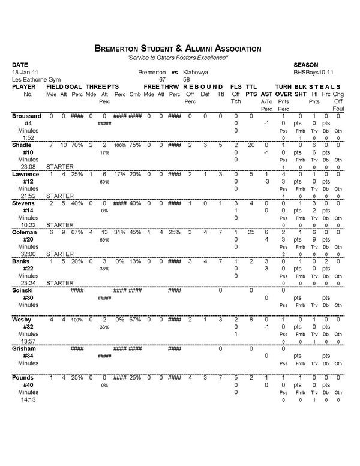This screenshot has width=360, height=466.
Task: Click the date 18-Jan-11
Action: (24, 71)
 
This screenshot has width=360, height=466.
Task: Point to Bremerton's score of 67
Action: (161, 79)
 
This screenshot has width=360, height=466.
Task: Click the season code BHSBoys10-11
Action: (314, 71)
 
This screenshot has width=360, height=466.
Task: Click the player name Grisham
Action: (26, 348)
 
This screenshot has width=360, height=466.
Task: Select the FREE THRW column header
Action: (161, 86)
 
